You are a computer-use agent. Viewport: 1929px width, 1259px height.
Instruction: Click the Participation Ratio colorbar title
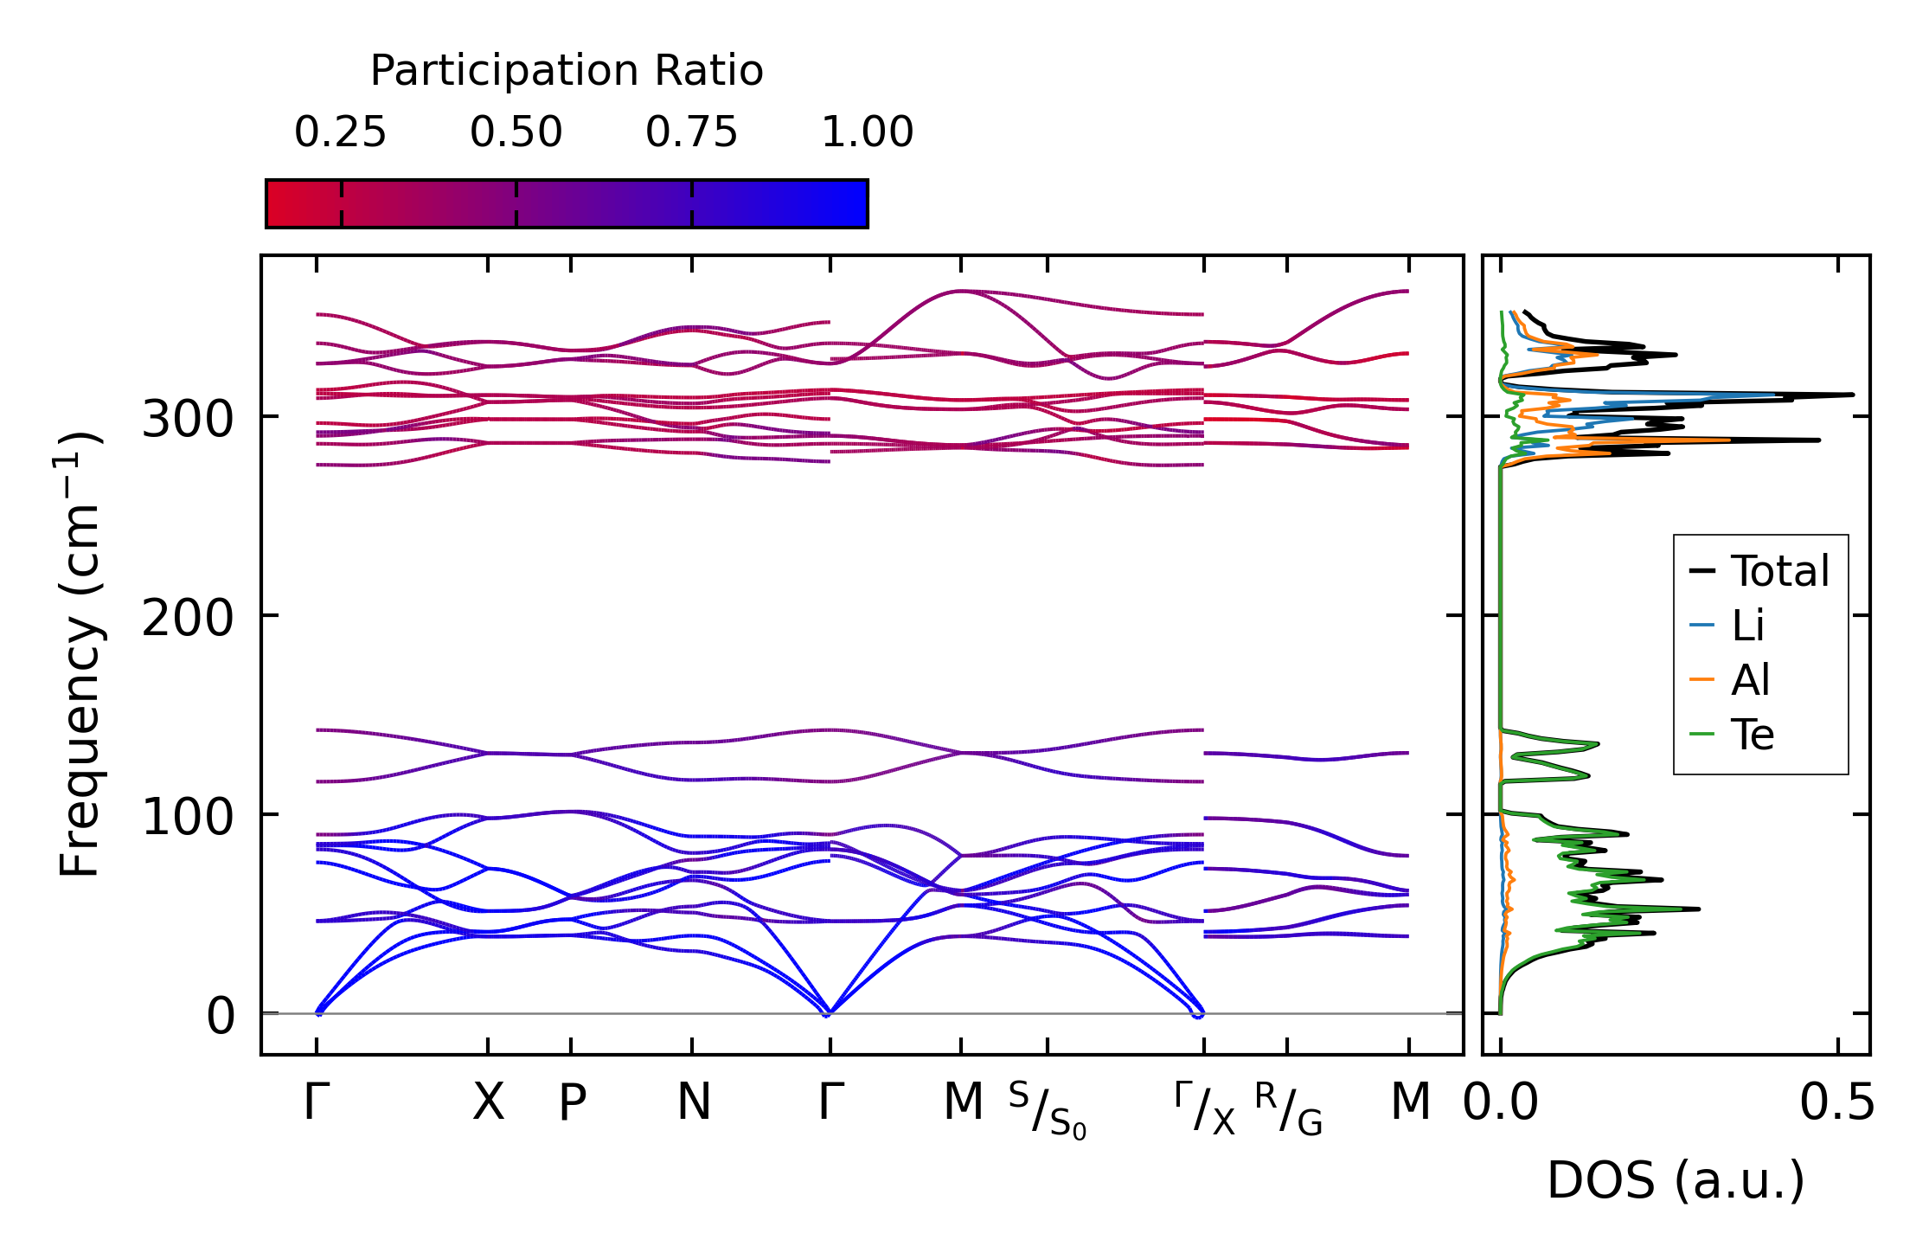point(567,71)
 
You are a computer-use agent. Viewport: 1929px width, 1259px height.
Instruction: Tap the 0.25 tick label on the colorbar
point(340,132)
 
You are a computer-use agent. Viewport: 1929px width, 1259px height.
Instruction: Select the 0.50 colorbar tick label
point(516,132)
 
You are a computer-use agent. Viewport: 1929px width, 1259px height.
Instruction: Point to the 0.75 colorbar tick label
point(692,132)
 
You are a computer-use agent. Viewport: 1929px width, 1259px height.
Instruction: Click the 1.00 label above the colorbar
point(867,132)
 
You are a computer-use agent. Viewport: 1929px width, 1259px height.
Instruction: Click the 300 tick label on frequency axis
point(188,421)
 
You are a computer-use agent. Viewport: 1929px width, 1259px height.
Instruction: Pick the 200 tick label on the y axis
point(188,620)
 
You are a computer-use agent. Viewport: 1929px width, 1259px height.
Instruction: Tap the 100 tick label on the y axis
point(188,818)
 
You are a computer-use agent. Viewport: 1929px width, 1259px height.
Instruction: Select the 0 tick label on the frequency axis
point(220,1017)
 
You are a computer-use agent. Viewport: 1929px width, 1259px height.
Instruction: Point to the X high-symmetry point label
point(488,1103)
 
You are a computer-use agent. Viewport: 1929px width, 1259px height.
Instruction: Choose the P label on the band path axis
point(572,1103)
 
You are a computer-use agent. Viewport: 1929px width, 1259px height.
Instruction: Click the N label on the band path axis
point(693,1103)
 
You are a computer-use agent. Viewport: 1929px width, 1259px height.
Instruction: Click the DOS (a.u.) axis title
point(1676,1181)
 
